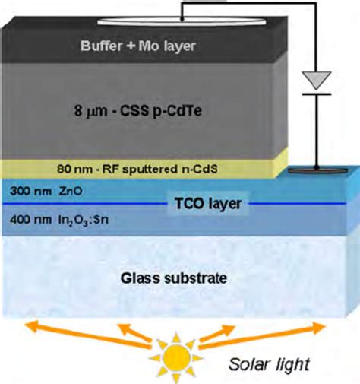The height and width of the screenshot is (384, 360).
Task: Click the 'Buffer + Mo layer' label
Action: click(x=138, y=46)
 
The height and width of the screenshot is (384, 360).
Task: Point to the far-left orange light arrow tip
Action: click(x=28, y=324)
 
